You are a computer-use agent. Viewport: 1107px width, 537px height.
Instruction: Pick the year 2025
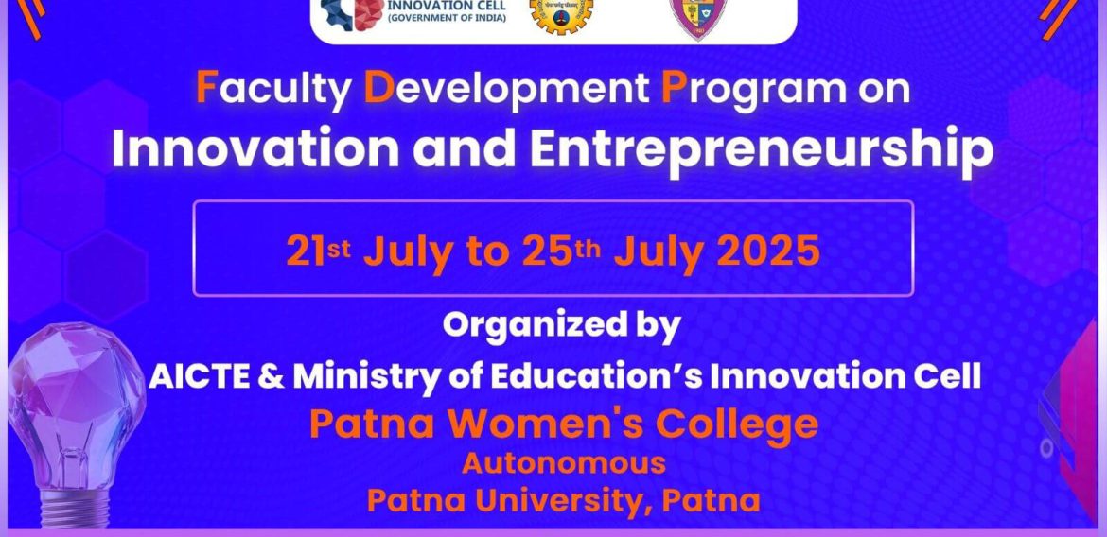click(x=768, y=251)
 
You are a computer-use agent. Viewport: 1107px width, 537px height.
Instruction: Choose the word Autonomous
click(x=564, y=463)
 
